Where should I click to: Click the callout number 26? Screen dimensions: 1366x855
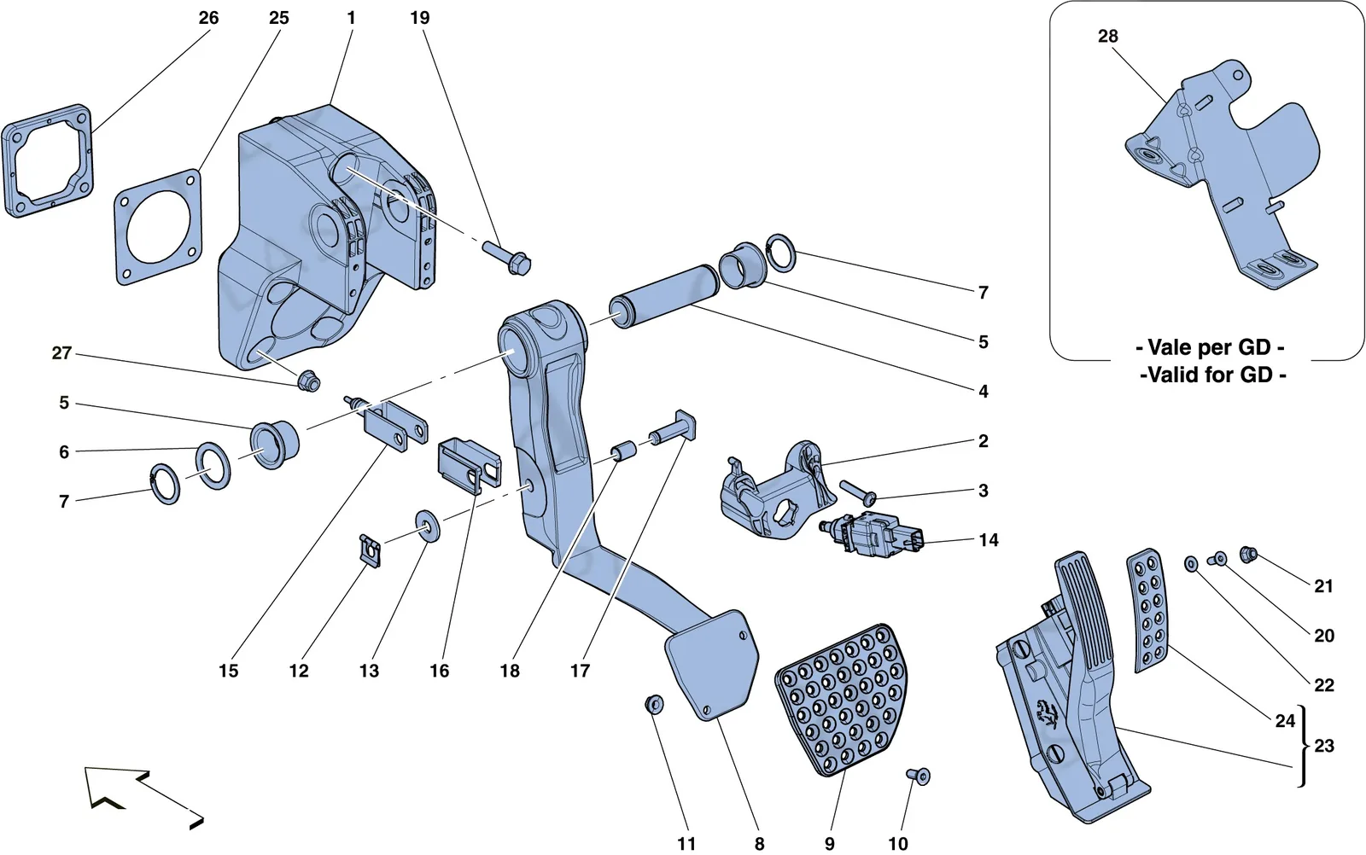point(208,18)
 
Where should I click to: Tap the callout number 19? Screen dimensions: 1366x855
point(419,18)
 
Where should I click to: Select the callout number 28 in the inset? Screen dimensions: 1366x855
point(1108,37)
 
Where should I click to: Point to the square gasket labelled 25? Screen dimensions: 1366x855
point(157,227)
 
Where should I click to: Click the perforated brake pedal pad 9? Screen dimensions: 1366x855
point(842,700)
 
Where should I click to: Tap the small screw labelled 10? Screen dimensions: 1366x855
point(919,776)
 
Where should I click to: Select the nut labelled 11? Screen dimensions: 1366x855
point(654,704)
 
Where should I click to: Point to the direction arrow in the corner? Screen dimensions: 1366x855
point(143,798)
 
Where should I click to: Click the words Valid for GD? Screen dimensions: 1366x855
point(1213,375)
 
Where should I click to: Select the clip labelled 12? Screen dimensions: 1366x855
point(371,550)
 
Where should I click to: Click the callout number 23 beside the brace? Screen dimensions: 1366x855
point(1324,746)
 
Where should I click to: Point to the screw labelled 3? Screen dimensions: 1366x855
point(858,492)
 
